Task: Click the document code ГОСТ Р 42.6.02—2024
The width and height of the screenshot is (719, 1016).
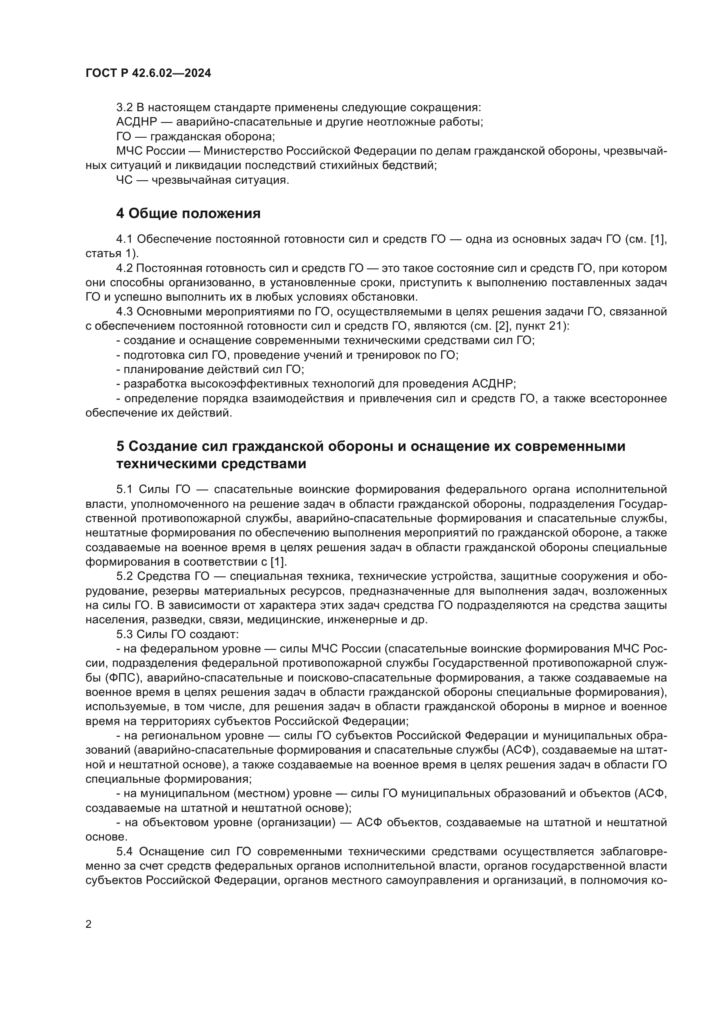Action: pyautogui.click(x=148, y=73)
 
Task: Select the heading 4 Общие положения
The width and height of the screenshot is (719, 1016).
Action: pyautogui.click(x=188, y=214)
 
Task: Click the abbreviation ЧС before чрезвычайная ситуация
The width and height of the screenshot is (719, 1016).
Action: pyautogui.click(x=124, y=181)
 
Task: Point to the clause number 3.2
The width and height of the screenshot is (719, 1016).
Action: pyautogui.click(x=124, y=108)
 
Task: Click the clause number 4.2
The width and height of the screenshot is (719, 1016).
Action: pyautogui.click(x=124, y=268)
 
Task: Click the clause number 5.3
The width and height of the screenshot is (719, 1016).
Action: pyautogui.click(x=124, y=635)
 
